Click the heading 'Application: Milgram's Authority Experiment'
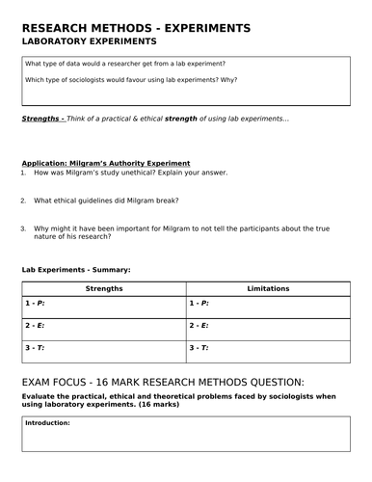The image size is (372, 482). pos(106,163)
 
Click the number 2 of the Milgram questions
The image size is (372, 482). pos(22,201)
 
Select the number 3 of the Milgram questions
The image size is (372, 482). pos(22,228)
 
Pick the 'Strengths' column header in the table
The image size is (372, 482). pos(104,288)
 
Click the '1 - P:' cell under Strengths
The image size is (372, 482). pos(36,303)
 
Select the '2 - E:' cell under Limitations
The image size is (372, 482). pos(199,325)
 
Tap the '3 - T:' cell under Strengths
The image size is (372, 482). pos(36,347)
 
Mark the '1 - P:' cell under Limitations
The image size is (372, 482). pos(199,303)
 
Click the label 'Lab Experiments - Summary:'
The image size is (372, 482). pos(76,269)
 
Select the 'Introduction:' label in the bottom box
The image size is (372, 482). pos(48,422)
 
